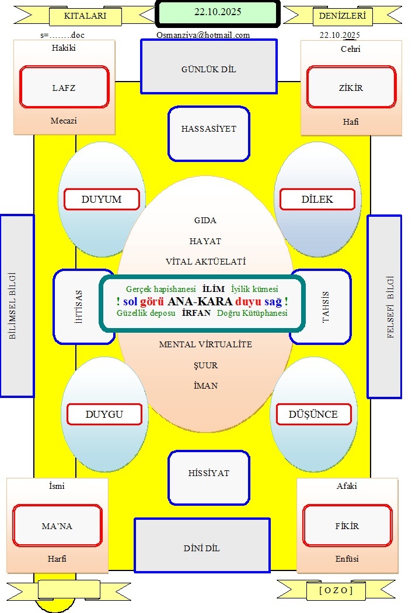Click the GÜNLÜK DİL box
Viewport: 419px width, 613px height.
click(208, 66)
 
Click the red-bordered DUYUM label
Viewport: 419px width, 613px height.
click(102, 199)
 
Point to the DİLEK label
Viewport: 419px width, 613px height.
click(317, 199)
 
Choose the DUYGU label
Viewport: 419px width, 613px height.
click(104, 415)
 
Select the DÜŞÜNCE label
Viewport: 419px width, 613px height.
click(313, 415)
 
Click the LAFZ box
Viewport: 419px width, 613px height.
click(64, 87)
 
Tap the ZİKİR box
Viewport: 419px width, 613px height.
click(351, 87)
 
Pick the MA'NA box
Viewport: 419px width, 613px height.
click(57, 526)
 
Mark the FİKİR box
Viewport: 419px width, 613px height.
click(347, 526)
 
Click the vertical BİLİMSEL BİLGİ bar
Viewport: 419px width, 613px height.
click(17, 306)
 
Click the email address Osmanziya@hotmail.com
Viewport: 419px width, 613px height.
click(203, 35)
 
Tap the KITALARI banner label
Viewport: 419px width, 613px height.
click(85, 16)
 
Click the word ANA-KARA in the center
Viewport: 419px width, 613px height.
click(195, 302)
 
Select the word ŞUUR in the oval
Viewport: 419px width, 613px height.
click(205, 365)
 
